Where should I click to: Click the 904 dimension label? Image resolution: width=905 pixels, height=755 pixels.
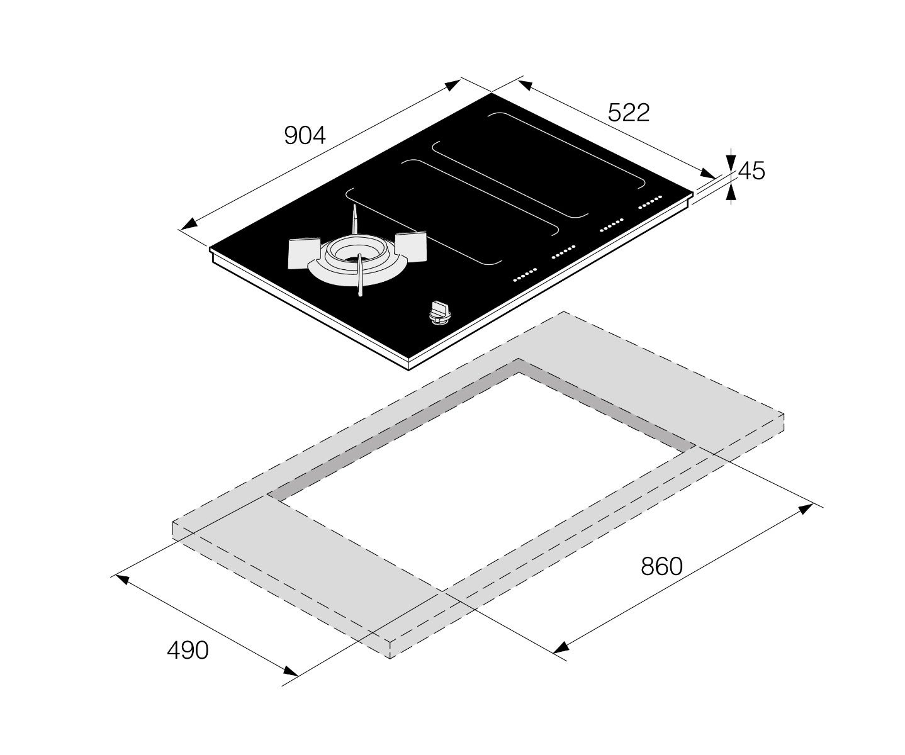305,136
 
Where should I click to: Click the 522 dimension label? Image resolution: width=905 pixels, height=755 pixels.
629,113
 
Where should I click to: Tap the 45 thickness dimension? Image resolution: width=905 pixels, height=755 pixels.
751,171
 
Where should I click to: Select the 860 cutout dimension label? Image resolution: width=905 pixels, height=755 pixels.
661,566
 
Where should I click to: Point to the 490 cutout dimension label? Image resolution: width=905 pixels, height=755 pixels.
188,650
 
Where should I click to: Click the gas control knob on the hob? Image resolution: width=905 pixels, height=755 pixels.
439,313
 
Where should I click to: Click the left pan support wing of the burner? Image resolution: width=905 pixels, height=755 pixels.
304,253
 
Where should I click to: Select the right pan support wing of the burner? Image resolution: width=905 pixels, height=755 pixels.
410,247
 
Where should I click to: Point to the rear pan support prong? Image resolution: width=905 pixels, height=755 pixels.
355,220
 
